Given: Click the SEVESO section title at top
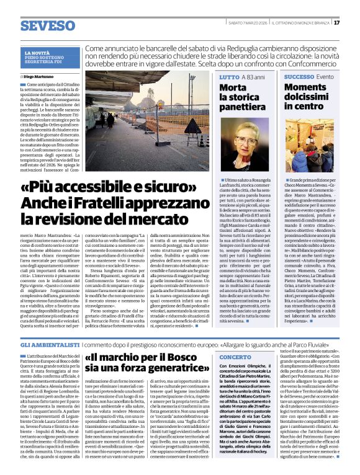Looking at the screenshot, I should (x=47, y=25).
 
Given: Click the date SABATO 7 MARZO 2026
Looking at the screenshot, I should (x=245, y=23).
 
